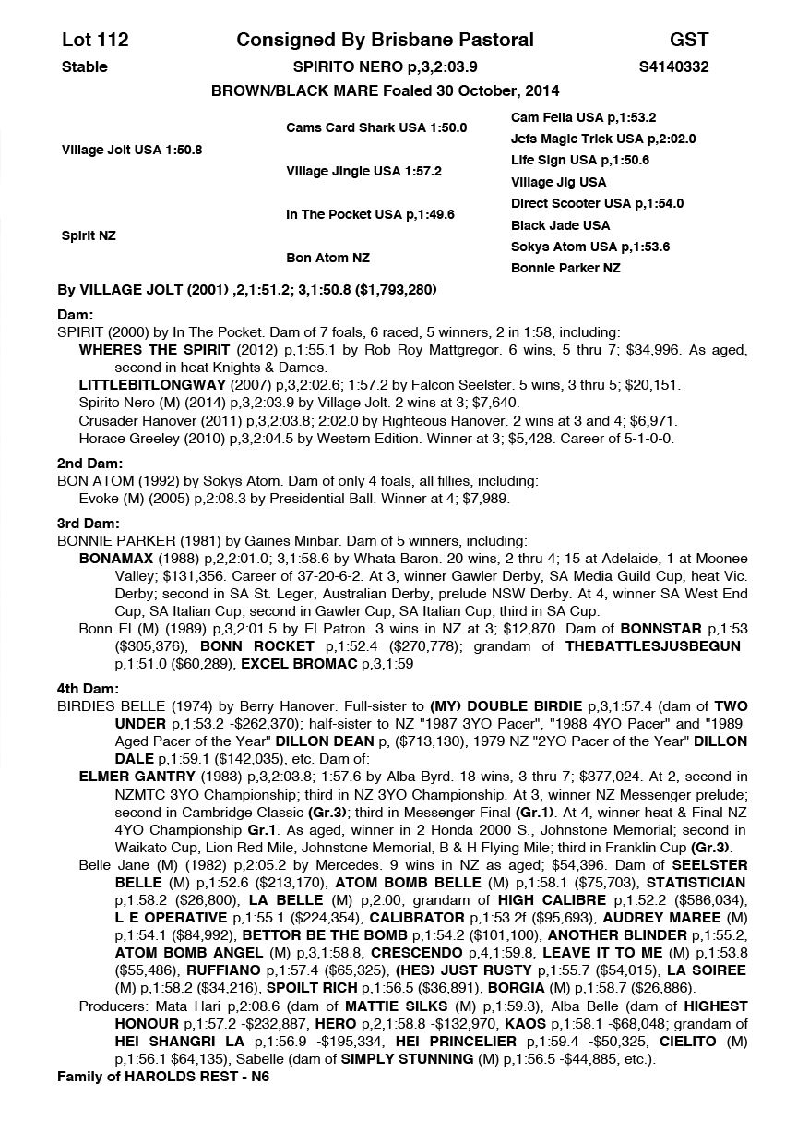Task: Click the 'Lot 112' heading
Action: coord(95,40)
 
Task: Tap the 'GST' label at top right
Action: coord(689,40)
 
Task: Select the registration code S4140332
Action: coord(673,66)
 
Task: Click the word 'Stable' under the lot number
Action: coord(85,66)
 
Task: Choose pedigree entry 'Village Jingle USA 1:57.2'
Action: coord(363,171)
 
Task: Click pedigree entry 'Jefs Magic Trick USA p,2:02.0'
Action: coord(603,139)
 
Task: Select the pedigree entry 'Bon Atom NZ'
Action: coord(327,258)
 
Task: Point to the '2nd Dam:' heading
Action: coord(90,464)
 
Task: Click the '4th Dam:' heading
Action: coord(89,688)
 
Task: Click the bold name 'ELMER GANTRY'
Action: coord(137,777)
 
